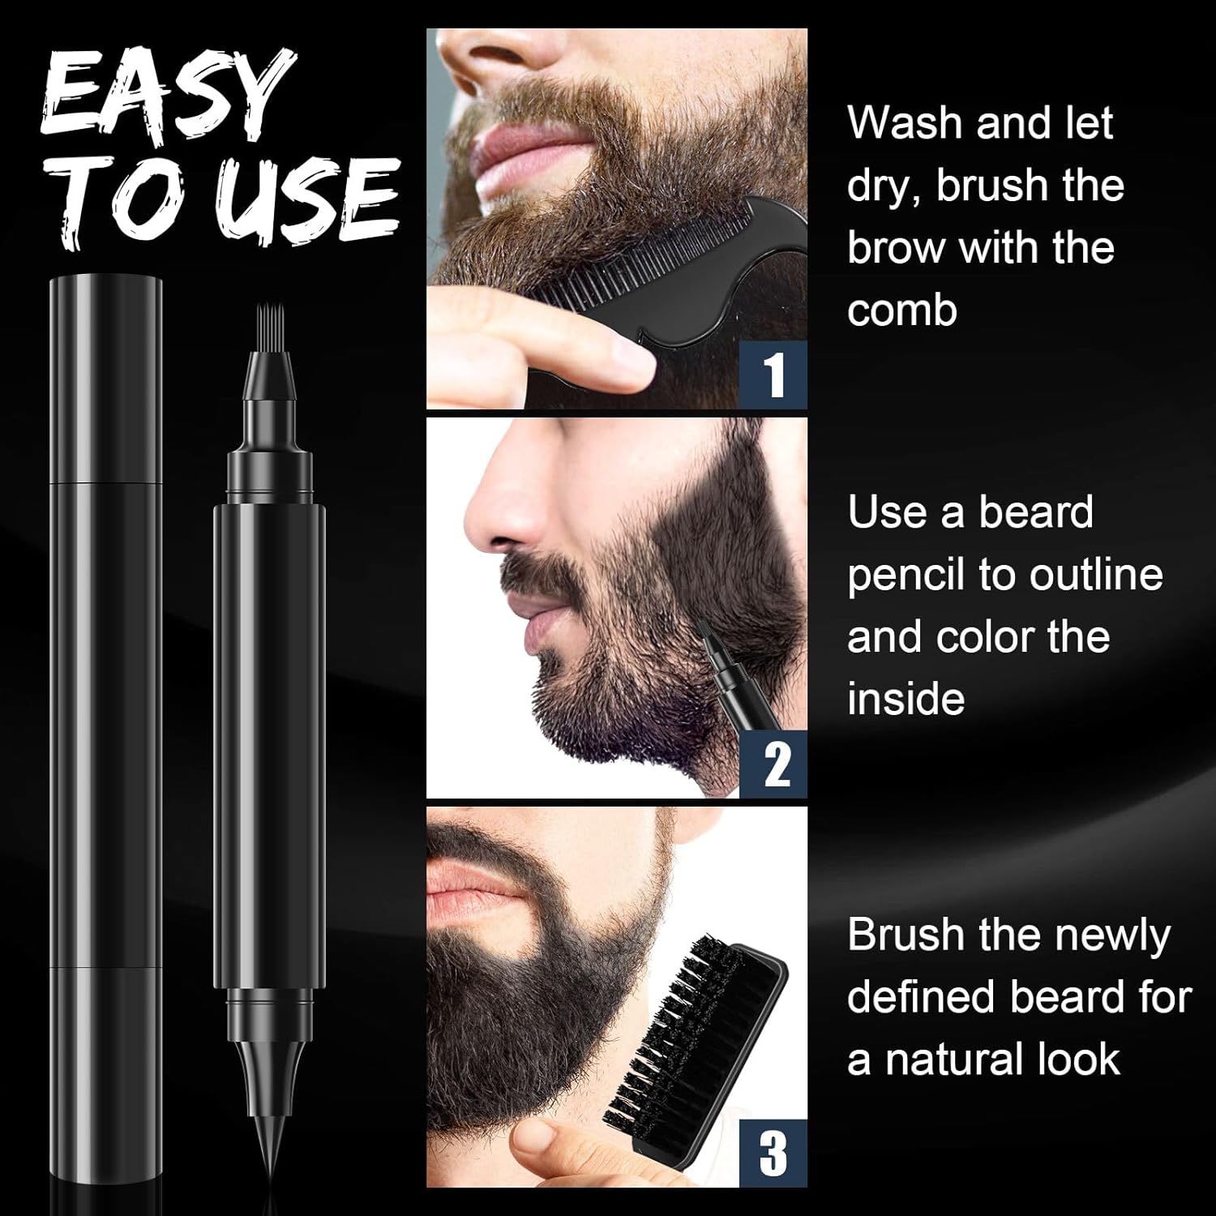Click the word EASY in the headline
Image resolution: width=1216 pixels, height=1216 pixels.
click(166, 93)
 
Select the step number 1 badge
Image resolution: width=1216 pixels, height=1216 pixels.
click(774, 375)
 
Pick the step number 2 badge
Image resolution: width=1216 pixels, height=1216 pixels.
click(774, 764)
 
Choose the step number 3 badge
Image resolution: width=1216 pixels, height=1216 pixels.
click(774, 1154)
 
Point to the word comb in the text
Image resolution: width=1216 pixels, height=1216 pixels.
click(902, 310)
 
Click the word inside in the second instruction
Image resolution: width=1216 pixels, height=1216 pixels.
click(906, 700)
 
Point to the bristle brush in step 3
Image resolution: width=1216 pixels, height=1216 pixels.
click(693, 1046)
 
